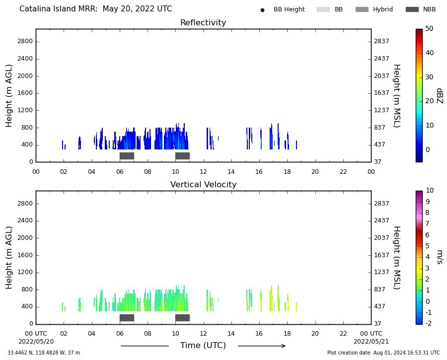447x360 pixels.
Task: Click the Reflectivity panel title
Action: [x=203, y=22]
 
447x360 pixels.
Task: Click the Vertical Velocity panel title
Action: [x=203, y=184]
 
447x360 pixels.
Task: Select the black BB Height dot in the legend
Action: [x=262, y=10]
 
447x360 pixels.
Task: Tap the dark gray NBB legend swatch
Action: [x=412, y=9]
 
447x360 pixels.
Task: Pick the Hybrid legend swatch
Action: [x=362, y=9]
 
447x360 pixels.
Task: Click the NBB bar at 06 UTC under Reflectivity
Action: [x=127, y=156]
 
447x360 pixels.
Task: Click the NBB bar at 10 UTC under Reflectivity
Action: [x=182, y=156]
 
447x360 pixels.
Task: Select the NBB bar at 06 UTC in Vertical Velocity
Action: [x=127, y=318]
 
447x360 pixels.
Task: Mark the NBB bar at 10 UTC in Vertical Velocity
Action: [x=182, y=318]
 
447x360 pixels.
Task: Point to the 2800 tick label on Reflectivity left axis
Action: [x=25, y=41]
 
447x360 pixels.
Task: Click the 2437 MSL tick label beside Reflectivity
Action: [x=381, y=59]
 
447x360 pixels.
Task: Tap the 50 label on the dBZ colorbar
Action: [x=429, y=28]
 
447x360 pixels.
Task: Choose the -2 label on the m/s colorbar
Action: [x=428, y=323]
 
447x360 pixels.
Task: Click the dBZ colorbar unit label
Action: [x=440, y=96]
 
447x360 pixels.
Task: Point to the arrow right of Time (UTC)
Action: [x=262, y=346]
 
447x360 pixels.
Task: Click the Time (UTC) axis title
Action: [x=203, y=346]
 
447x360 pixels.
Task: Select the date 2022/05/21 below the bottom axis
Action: [x=371, y=342]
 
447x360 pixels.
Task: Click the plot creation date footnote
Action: [x=383, y=353]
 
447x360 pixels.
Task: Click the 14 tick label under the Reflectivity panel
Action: [x=231, y=172]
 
